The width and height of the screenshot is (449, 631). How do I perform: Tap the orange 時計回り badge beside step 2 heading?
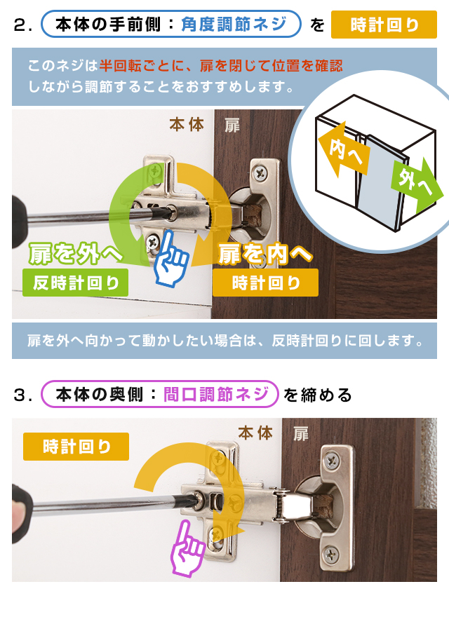pyautogui.click(x=384, y=25)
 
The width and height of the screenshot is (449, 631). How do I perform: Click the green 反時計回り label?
pyautogui.click(x=76, y=283)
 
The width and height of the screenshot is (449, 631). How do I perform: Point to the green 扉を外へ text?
pyautogui.click(x=75, y=254)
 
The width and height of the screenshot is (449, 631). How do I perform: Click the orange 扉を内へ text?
pyautogui.click(x=265, y=254)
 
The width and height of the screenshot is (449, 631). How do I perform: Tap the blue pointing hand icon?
pyautogui.click(x=170, y=258)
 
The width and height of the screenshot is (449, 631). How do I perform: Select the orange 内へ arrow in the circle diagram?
pyautogui.click(x=344, y=151)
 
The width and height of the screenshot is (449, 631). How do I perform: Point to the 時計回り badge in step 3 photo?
pyautogui.click(x=76, y=447)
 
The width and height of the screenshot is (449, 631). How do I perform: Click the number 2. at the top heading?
pyautogui.click(x=22, y=25)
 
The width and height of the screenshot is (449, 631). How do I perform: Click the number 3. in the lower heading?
pyautogui.click(x=22, y=395)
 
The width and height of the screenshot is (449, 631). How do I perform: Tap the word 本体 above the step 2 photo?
pyautogui.click(x=187, y=125)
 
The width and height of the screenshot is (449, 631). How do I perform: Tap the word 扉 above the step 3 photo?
pyautogui.click(x=301, y=434)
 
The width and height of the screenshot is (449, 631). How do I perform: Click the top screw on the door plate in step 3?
pyautogui.click(x=332, y=459)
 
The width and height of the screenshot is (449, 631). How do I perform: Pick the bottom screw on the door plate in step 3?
pyautogui.click(x=331, y=555)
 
